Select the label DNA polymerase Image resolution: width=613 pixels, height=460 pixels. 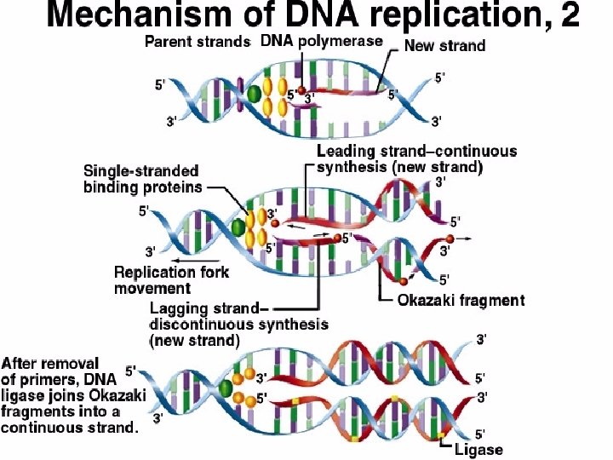(321, 41)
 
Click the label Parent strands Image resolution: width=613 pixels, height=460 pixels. (198, 41)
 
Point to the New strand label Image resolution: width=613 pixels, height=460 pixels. (444, 46)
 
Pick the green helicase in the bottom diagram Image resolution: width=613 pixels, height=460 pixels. (226, 389)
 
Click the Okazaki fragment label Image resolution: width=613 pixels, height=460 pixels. (461, 300)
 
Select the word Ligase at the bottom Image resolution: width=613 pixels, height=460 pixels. (478, 449)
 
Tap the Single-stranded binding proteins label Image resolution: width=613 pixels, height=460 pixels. (142, 179)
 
